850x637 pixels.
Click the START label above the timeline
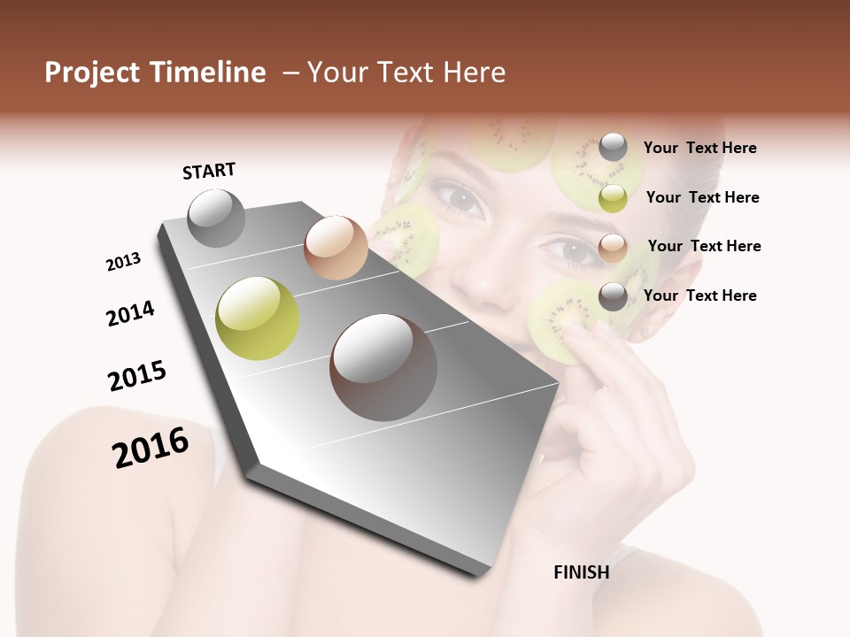point(209,171)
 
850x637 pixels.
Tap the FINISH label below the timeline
point(581,572)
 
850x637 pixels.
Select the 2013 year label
point(123,262)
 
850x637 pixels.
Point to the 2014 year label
point(130,313)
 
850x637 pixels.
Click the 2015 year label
point(137,376)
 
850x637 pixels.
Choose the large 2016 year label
point(151,448)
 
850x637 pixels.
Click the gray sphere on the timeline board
point(216,218)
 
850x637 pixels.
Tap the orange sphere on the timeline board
point(336,248)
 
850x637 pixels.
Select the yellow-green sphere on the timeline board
point(257,318)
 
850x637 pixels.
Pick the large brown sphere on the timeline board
point(383,367)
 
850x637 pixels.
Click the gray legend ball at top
point(613,148)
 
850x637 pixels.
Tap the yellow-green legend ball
point(613,198)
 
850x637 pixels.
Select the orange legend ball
point(613,247)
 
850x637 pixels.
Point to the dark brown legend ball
point(613,296)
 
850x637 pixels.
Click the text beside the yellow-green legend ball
point(702,197)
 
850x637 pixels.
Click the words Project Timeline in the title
point(155,73)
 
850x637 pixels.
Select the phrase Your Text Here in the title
point(406,73)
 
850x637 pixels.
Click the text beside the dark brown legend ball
point(699,295)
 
